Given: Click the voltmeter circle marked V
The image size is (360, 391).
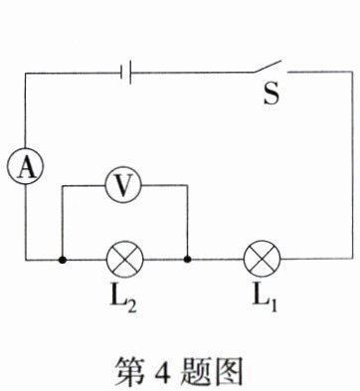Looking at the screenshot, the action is click(x=123, y=185).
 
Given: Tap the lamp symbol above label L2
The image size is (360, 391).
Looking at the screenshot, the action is click(x=124, y=260).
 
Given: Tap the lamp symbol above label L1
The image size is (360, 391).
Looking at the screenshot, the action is click(x=262, y=259).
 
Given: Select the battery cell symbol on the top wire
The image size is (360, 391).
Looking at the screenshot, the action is click(x=126, y=73).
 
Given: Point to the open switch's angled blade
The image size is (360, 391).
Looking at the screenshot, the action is click(x=268, y=67).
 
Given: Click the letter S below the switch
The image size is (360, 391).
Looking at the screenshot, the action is click(x=271, y=94).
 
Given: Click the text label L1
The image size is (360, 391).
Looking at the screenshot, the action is click(x=265, y=300).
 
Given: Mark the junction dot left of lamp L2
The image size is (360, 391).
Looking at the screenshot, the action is click(x=62, y=260).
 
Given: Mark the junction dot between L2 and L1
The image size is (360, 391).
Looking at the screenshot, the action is click(x=188, y=259).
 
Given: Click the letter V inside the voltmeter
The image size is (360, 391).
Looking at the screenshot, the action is click(x=123, y=186).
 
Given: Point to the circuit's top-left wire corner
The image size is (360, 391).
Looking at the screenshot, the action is click(x=25, y=73).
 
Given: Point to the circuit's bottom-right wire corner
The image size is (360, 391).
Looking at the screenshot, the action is click(x=353, y=258).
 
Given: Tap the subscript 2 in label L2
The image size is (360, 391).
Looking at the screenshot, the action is click(x=130, y=306).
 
